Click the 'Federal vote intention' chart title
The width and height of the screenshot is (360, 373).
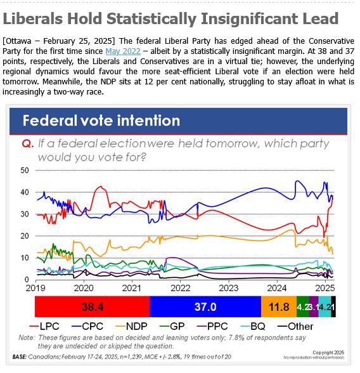pos(101,121)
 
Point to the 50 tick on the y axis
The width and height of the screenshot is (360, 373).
pos(25,171)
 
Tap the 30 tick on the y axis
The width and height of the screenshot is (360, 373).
pos(25,214)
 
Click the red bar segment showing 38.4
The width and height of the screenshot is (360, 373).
pos(93,306)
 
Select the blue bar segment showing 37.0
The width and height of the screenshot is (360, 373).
pos(205,306)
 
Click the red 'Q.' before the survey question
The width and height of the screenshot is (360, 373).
pos(27,144)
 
